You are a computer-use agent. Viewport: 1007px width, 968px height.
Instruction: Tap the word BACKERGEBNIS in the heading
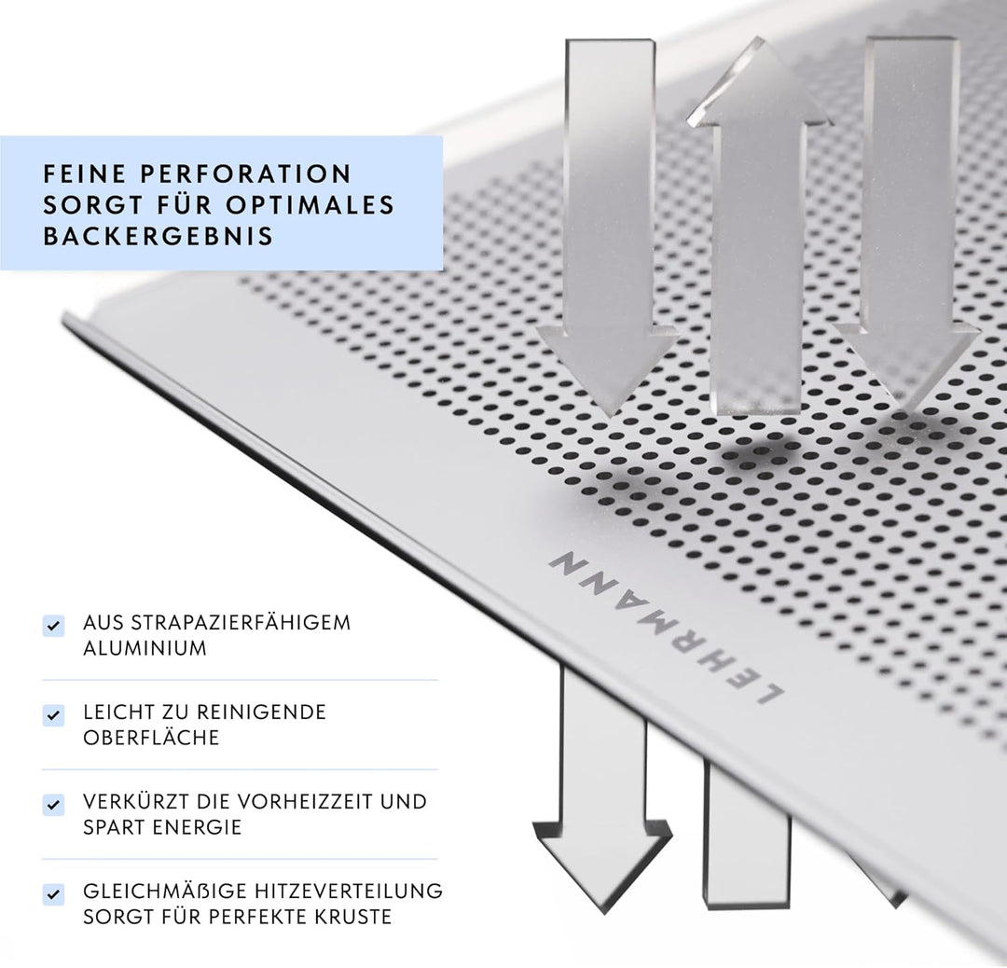159,236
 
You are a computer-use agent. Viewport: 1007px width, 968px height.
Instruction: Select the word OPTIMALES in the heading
310,205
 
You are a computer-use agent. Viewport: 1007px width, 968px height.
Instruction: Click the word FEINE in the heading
84,173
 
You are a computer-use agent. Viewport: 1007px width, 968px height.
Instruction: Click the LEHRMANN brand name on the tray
666,627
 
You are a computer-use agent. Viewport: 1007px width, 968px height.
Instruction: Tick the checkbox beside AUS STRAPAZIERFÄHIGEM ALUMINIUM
53,626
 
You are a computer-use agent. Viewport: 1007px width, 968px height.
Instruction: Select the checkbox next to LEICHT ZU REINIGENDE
53,715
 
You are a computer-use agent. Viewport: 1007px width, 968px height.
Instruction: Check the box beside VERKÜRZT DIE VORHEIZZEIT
53,804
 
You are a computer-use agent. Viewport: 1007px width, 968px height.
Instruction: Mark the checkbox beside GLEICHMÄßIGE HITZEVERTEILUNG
53,894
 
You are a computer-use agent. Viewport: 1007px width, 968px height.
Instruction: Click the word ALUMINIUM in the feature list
145,648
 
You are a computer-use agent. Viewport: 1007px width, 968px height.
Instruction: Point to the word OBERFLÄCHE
151,738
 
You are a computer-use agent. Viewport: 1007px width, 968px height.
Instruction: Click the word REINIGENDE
261,712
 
